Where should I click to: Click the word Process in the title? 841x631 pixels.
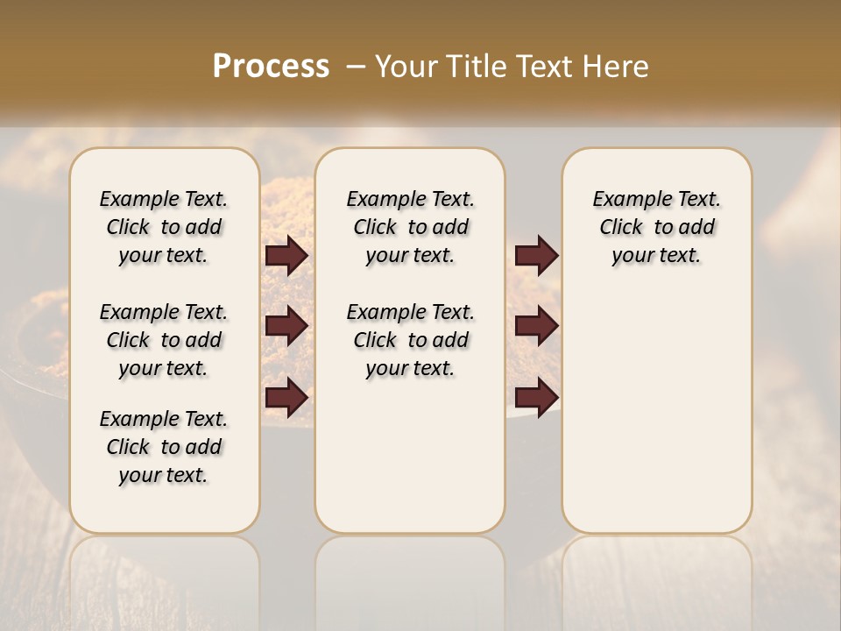pyautogui.click(x=271, y=67)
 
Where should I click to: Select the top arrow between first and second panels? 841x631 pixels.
pyautogui.click(x=286, y=255)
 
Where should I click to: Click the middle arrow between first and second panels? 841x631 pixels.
pyautogui.click(x=286, y=326)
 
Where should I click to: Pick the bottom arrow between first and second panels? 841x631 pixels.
pyautogui.click(x=286, y=398)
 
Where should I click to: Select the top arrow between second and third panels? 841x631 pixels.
pyautogui.click(x=536, y=255)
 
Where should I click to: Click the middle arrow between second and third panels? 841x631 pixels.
pyautogui.click(x=536, y=326)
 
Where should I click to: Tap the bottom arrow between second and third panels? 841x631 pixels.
pyautogui.click(x=536, y=398)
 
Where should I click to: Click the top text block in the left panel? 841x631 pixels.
pyautogui.click(x=164, y=227)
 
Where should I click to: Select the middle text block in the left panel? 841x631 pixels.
pyautogui.click(x=164, y=340)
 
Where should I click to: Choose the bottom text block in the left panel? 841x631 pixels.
pyautogui.click(x=164, y=447)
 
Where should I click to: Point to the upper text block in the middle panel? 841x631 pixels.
pyautogui.click(x=410, y=227)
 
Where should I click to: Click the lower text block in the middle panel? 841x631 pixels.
pyautogui.click(x=410, y=340)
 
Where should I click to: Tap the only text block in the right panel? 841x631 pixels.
pyautogui.click(x=656, y=227)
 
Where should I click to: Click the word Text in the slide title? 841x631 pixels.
pyautogui.click(x=543, y=67)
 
